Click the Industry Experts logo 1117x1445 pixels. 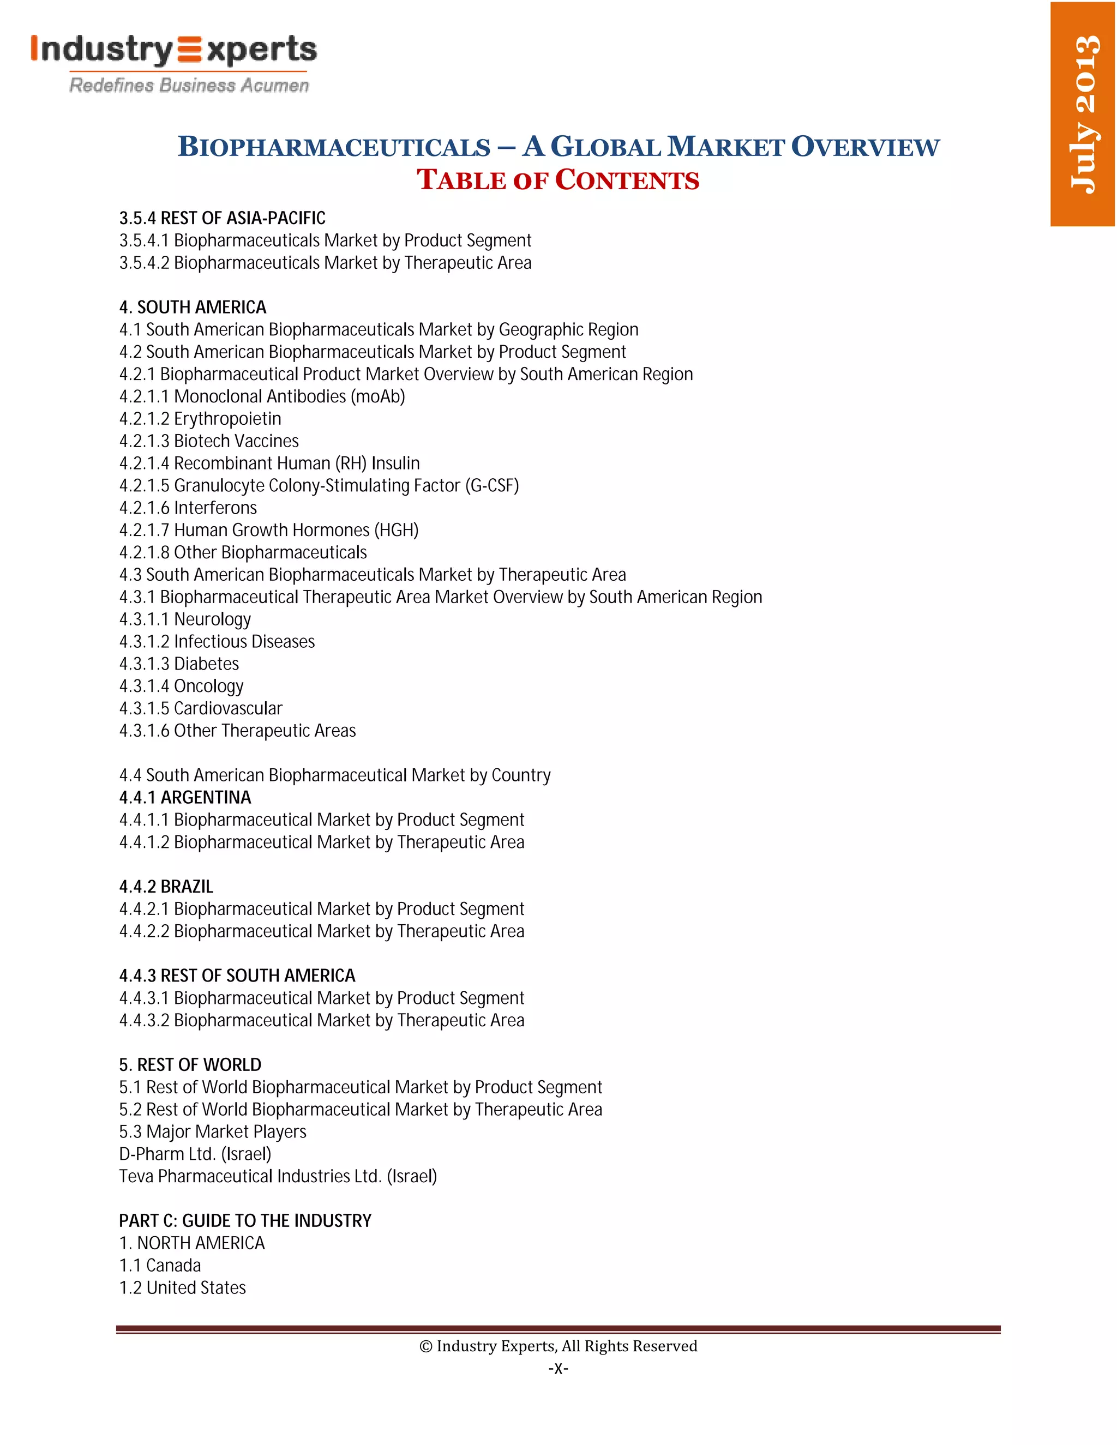click(x=173, y=63)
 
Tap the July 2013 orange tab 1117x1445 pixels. click(x=1083, y=114)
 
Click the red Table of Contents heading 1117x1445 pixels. click(x=557, y=180)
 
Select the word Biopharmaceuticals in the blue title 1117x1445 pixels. click(x=334, y=147)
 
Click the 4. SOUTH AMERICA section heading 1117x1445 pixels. click(x=193, y=307)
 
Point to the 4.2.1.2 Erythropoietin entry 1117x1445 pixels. click(x=200, y=419)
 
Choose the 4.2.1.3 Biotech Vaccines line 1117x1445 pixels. click(x=208, y=441)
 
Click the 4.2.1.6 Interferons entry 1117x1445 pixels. click(x=188, y=508)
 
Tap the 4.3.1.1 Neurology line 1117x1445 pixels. click(x=185, y=619)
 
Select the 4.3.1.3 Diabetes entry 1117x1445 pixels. click(x=179, y=664)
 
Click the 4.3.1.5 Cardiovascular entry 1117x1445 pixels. click(x=201, y=709)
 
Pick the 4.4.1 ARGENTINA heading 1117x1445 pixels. click(x=185, y=797)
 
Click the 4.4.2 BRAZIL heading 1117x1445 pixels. click(x=166, y=887)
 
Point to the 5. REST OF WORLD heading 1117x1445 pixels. click(x=190, y=1064)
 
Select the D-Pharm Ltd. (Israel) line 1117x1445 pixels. click(x=195, y=1154)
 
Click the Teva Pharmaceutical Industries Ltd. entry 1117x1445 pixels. click(x=278, y=1176)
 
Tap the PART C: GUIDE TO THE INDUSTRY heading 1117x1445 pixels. click(x=245, y=1221)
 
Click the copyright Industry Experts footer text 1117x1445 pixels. click(x=558, y=1346)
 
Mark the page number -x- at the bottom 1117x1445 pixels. click(x=558, y=1368)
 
